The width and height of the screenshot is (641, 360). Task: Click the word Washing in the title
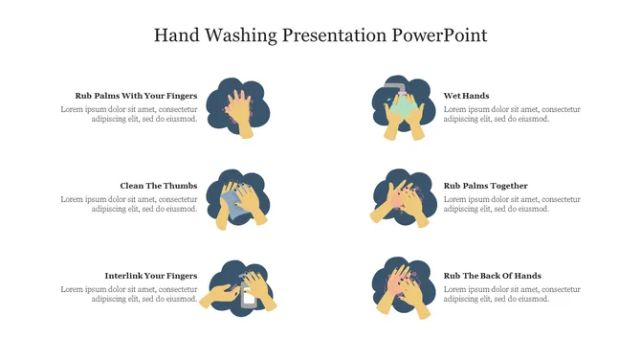241,35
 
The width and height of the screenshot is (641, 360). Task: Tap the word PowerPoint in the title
439,34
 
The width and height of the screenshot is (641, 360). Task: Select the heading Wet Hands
466,96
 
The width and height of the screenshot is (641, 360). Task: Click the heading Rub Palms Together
486,186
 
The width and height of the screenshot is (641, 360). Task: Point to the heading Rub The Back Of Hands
492,276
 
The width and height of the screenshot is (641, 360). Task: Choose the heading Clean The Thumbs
159,186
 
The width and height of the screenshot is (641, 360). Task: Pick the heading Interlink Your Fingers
151,276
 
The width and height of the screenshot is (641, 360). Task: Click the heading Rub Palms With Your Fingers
136,96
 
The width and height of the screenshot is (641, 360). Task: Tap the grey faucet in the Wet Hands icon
395,87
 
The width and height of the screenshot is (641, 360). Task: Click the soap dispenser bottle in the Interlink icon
249,294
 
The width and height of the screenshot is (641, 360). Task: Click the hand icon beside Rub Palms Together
404,198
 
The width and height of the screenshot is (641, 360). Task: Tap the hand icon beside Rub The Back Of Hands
403,287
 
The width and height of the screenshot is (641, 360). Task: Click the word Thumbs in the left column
181,186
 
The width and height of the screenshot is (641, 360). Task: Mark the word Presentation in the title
335,35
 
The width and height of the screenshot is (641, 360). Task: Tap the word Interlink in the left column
122,276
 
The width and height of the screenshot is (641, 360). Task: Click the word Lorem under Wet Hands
454,109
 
